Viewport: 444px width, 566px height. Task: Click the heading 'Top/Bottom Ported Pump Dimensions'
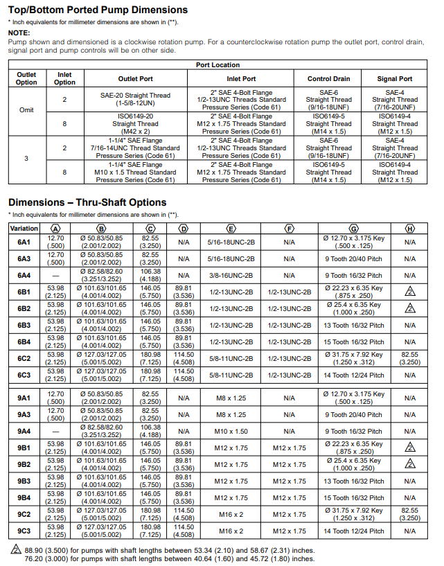[98, 10]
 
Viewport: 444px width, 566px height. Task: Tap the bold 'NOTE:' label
[19, 33]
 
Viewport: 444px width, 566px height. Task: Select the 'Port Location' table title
[217, 65]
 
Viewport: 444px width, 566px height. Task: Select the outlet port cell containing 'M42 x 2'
[136, 124]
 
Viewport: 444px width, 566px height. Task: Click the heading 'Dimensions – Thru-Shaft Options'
[87, 202]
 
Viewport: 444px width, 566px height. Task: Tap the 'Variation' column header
[24, 228]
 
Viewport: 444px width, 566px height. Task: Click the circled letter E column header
[231, 228]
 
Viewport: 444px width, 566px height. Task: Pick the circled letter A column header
[55, 228]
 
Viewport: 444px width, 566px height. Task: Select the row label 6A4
[24, 275]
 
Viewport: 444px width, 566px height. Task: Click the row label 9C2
[24, 515]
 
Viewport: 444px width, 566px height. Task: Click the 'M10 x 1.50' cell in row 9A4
[231, 431]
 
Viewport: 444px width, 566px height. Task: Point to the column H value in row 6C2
[410, 358]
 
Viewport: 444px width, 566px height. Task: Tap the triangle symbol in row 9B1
[410, 448]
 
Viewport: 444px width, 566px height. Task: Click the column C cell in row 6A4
[150, 275]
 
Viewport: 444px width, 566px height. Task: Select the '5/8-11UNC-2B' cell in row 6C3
[231, 375]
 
